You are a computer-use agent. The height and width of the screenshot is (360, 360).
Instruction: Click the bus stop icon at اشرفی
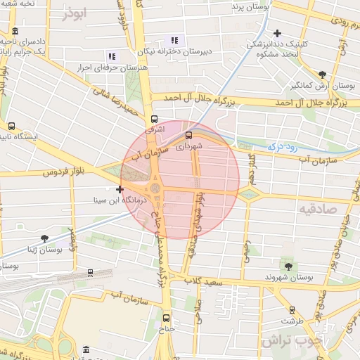click(154, 119)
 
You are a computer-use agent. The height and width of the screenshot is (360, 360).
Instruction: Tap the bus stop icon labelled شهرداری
click(188, 135)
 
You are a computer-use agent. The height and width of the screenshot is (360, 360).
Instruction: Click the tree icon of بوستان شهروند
click(288, 266)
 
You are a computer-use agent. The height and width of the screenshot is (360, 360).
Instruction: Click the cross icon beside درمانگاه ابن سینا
click(120, 189)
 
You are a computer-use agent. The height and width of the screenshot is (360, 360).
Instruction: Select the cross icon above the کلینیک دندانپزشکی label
click(278, 33)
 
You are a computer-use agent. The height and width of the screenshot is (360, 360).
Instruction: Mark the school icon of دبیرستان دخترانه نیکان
click(174, 40)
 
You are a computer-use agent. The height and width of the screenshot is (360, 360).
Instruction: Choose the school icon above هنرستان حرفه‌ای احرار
click(111, 56)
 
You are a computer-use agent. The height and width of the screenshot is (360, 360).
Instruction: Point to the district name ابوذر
click(77, 13)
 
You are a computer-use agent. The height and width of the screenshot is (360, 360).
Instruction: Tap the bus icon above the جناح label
click(167, 317)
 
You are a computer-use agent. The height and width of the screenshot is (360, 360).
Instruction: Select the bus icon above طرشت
click(292, 309)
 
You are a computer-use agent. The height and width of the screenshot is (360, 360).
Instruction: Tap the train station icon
click(91, 273)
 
